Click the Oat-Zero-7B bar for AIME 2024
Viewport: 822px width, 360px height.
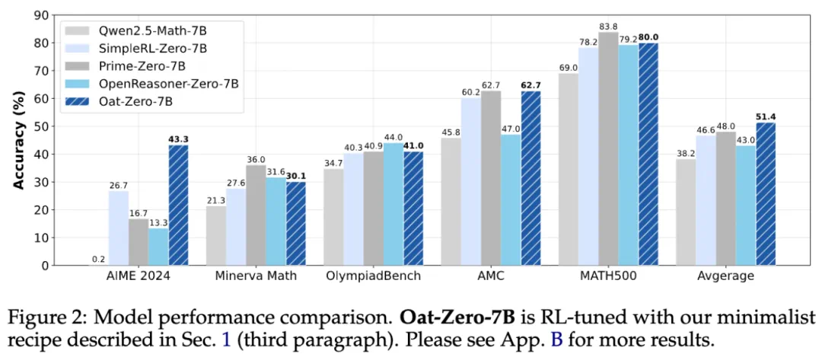pyautogui.click(x=178, y=205)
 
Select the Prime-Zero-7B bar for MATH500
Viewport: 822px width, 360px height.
pyautogui.click(x=609, y=149)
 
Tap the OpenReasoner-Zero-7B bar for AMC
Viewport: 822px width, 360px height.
pyautogui.click(x=510, y=199)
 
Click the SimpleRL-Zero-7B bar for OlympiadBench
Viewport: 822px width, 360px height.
pyautogui.click(x=354, y=209)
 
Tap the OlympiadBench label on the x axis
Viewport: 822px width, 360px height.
pyautogui.click(x=373, y=276)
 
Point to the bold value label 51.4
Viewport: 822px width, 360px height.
pyautogui.click(x=766, y=116)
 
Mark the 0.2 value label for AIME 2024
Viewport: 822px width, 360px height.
pyautogui.click(x=99, y=258)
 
